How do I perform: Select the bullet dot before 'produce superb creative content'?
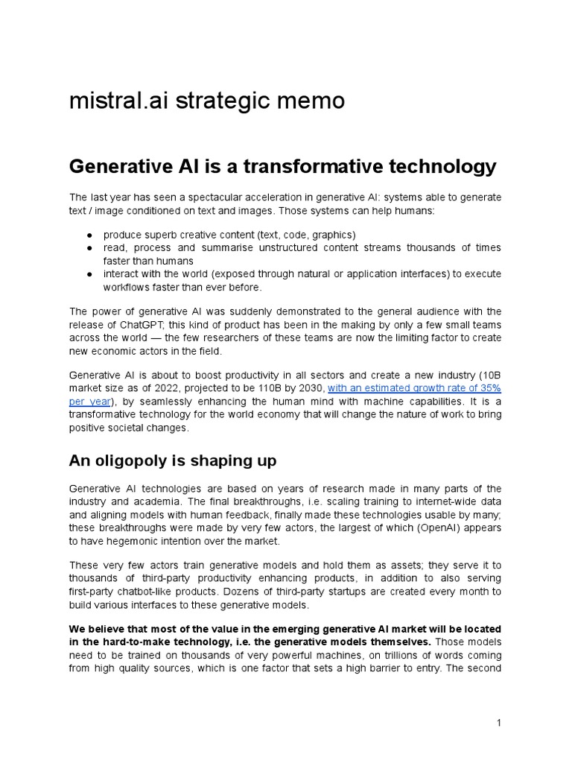click(x=89, y=234)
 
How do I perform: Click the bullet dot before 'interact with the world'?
click(x=89, y=274)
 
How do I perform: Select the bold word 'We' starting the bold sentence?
click(x=77, y=629)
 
